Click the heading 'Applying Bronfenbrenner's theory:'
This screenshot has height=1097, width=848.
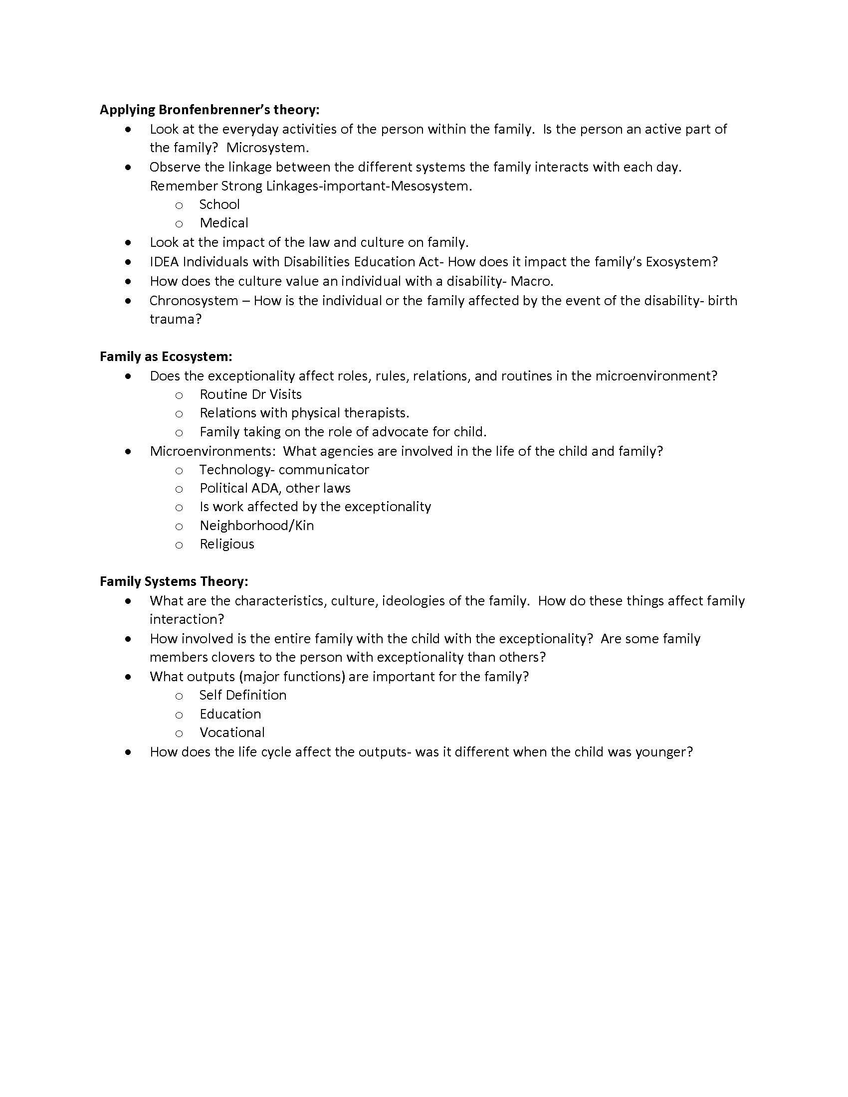tap(209, 110)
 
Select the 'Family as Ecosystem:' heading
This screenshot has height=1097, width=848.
tap(166, 357)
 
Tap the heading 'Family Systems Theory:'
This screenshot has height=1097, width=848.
tap(174, 581)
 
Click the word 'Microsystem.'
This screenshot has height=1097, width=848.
tap(268, 148)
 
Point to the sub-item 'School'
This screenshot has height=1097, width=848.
tap(219, 204)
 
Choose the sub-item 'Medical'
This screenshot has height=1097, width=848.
tap(224, 223)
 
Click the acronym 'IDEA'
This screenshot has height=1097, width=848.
tap(164, 262)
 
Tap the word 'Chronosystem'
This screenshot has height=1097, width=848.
tap(194, 301)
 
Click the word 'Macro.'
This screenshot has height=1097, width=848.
tap(532, 281)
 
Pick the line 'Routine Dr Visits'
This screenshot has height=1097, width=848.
tap(251, 394)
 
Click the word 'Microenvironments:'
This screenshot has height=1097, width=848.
tap(212, 451)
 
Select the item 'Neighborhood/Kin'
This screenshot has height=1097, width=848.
tap(257, 526)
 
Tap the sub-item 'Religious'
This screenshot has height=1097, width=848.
tap(227, 544)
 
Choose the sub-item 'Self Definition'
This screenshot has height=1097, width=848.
tap(243, 695)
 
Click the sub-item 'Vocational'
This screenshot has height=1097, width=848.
tap(232, 732)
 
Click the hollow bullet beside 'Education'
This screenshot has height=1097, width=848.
tap(179, 715)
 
